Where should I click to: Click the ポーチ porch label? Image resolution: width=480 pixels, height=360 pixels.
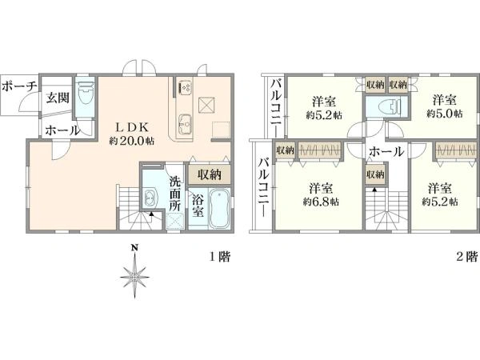coord(19,86)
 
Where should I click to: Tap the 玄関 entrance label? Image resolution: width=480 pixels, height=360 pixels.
coord(58,98)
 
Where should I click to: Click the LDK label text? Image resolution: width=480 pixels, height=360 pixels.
coord(132,126)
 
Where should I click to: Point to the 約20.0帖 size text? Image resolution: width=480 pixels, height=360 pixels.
coord(132,141)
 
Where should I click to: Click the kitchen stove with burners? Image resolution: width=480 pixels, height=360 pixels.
coord(186,87)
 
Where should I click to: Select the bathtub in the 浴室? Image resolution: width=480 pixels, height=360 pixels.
coord(219,209)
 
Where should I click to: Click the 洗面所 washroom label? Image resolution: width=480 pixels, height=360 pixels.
coord(175,194)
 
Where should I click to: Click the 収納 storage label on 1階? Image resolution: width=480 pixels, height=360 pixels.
coord(209,174)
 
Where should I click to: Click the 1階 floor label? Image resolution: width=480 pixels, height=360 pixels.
coord(219,257)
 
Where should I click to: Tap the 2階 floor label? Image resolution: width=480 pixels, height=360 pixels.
coord(467,257)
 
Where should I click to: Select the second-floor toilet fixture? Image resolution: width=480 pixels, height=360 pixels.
coord(390,107)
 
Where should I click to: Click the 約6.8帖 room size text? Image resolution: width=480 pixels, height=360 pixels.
coord(321,202)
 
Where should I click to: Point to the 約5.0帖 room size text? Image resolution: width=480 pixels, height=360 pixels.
coord(445,114)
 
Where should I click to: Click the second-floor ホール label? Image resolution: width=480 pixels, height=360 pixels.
coord(386,151)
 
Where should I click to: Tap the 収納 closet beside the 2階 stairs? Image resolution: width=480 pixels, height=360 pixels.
coord(375,174)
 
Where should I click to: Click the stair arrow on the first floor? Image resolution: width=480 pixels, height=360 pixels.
coord(151,214)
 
